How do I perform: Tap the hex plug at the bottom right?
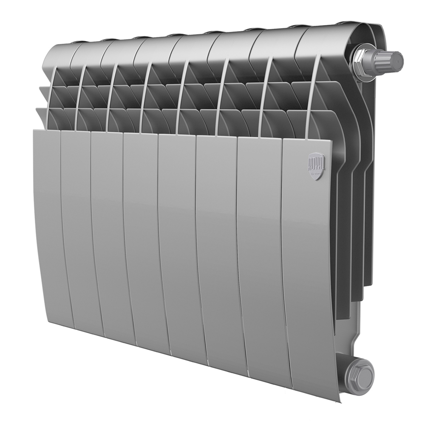click(x=359, y=371)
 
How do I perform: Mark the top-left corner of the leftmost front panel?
click(x=35, y=131)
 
